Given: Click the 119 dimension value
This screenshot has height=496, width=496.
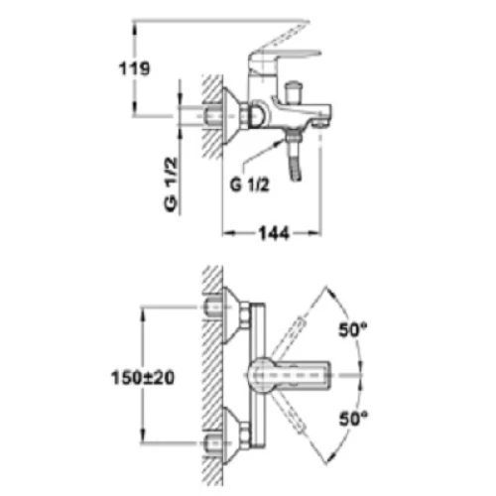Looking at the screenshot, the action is click(134, 68).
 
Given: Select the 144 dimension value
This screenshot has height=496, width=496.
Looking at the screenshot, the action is click(274, 233).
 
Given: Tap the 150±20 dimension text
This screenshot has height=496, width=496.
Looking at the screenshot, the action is click(143, 378).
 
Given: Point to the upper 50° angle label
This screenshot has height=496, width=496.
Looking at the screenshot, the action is click(353, 329).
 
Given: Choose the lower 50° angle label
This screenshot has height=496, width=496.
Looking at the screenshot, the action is click(353, 419).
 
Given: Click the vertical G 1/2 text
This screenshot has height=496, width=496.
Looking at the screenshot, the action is click(171, 185).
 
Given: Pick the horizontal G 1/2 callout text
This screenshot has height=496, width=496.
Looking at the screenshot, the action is click(250, 186).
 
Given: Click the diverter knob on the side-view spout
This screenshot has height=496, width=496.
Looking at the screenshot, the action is click(294, 92).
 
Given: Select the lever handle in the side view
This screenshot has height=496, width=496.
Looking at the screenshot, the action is click(286, 53).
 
